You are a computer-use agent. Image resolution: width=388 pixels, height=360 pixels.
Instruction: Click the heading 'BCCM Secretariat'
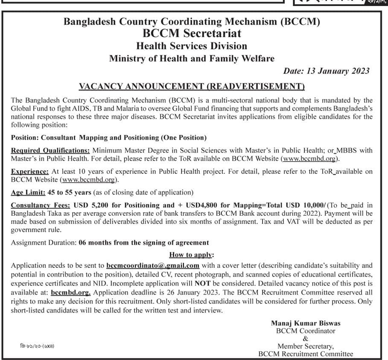(x=192, y=33)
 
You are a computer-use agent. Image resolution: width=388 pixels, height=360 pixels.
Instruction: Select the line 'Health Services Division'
(x=192, y=46)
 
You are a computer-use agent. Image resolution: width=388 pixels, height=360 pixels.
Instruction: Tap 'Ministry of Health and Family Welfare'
(x=192, y=59)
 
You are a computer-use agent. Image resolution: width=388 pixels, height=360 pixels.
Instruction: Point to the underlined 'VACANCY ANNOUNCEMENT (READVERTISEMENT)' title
(x=192, y=87)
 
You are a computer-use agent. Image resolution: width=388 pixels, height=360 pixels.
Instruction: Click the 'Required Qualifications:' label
(x=50, y=150)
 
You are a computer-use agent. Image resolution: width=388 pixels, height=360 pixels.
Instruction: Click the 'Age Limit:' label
(x=29, y=192)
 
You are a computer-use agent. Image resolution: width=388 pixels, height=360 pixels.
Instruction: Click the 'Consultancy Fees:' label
(x=41, y=205)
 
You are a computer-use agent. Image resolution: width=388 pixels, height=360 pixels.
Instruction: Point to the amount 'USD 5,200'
(x=90, y=205)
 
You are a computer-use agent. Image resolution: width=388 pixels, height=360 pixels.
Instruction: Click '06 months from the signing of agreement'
(x=144, y=243)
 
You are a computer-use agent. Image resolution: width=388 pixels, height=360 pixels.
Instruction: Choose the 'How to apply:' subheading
(x=192, y=255)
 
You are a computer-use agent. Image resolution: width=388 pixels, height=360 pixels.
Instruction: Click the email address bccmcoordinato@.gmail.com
(x=153, y=265)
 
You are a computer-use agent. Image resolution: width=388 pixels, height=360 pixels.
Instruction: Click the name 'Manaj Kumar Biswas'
(x=306, y=323)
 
